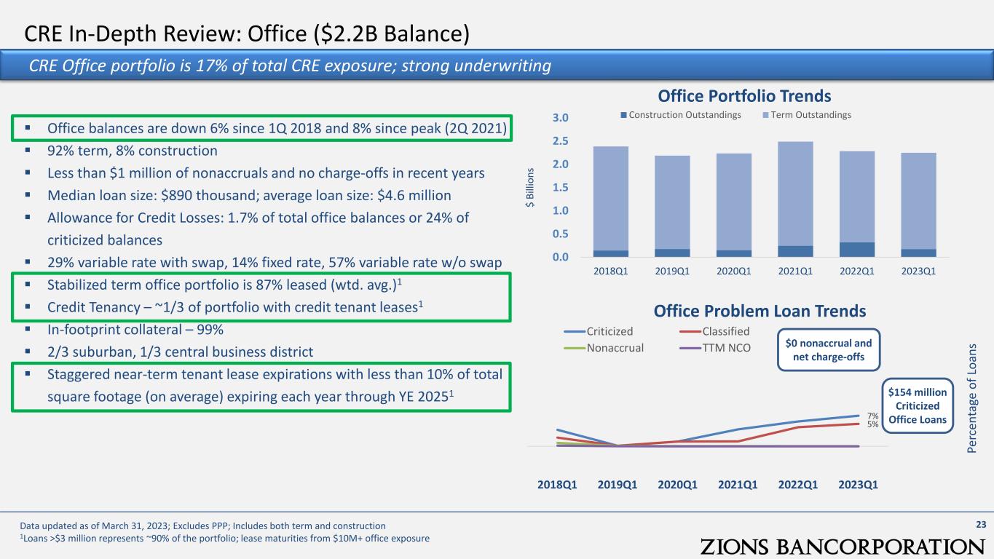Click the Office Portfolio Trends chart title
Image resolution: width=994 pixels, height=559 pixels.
pos(744,96)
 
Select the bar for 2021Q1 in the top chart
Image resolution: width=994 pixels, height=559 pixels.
pos(795,199)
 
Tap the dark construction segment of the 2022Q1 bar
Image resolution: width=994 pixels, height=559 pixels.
pos(857,250)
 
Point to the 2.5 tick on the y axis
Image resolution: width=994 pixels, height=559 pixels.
pos(560,141)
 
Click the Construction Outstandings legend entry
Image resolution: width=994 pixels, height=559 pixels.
pos(681,115)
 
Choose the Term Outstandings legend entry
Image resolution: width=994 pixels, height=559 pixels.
pos(807,115)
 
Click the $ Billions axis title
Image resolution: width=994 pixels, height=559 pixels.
pos(530,187)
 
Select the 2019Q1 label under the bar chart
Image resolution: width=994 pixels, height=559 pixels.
pos(672,271)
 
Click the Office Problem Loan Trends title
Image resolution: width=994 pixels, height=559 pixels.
pos(760,311)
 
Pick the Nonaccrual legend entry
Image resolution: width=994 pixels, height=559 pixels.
pos(604,348)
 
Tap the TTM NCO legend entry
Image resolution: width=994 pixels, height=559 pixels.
pos(715,348)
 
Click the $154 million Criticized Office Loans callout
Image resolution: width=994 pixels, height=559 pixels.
pos(918,405)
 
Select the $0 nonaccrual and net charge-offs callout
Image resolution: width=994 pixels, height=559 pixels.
pos(829,349)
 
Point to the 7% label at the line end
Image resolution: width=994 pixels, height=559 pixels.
pos(873,416)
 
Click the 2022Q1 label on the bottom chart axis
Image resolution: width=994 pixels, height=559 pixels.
pos(798,485)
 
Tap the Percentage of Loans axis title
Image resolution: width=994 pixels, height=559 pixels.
pos(972,398)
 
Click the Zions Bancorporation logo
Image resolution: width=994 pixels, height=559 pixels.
pos(843,546)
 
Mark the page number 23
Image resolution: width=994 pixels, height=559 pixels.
pos(981,525)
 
